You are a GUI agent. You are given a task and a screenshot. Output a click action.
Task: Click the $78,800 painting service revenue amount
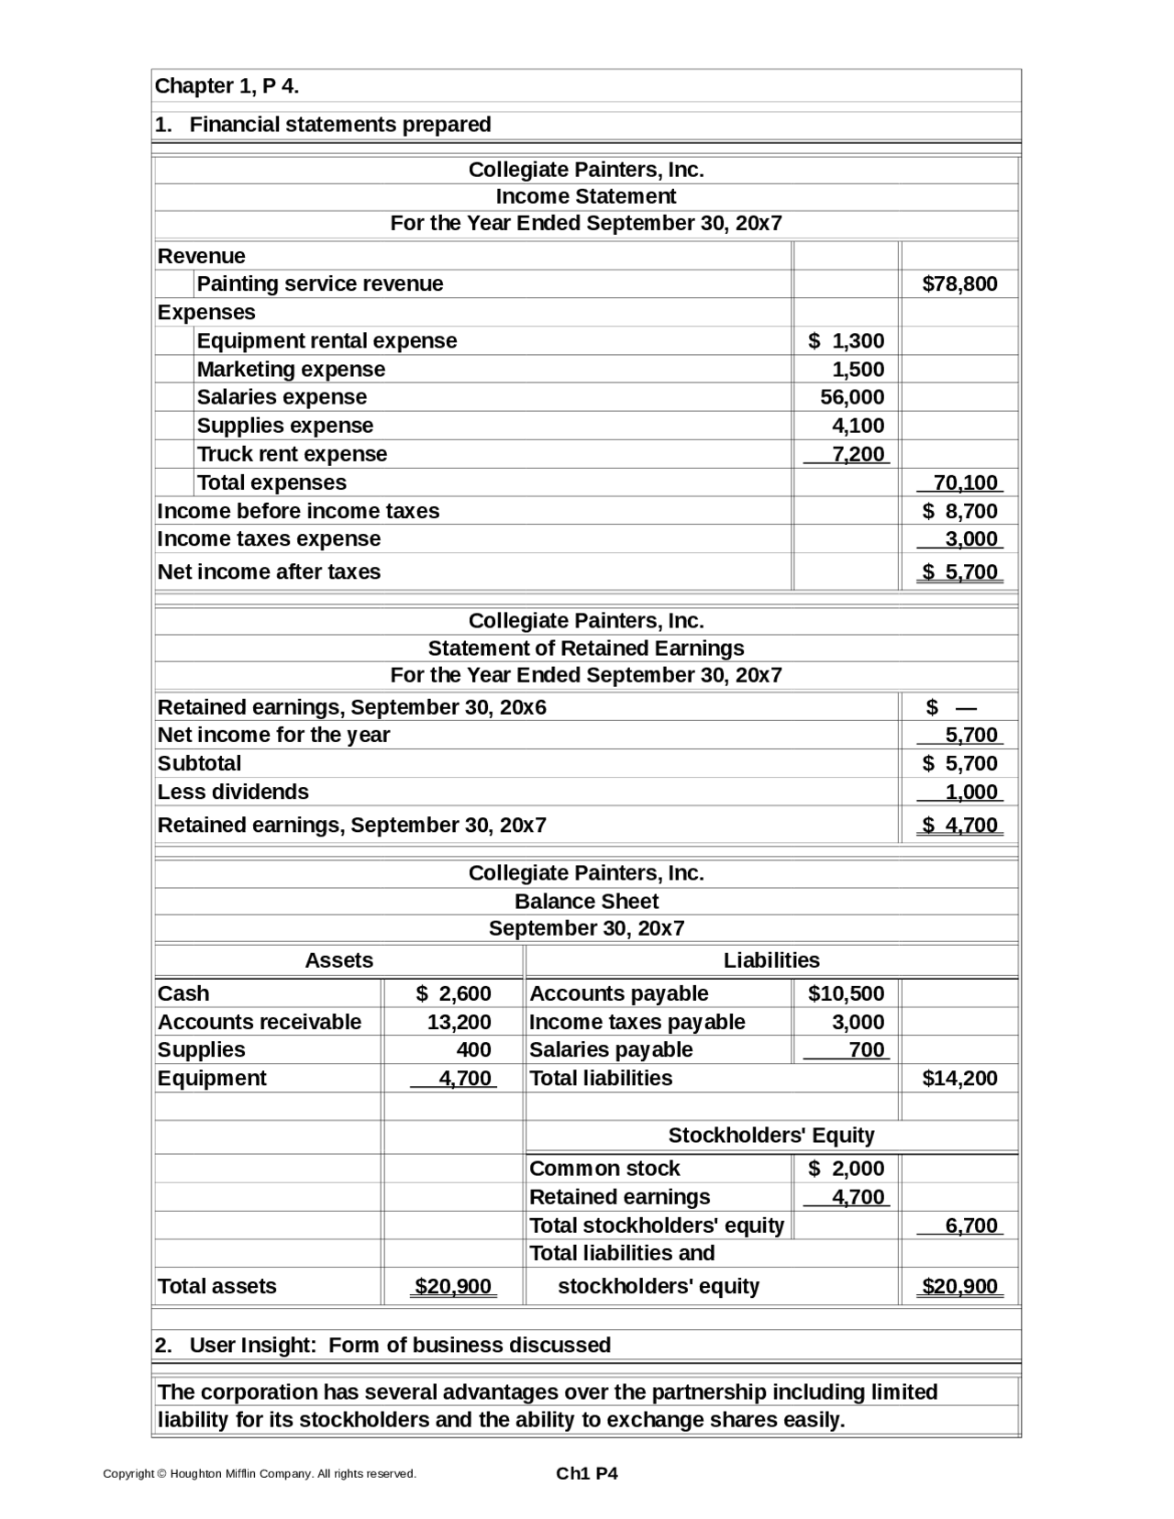tap(959, 284)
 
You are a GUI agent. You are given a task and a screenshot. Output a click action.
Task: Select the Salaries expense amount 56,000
tap(852, 397)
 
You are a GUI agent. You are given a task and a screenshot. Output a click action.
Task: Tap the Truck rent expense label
tap(292, 454)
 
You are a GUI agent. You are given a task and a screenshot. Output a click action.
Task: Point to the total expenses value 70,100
tap(965, 482)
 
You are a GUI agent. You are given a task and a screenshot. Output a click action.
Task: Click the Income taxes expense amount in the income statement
tap(971, 538)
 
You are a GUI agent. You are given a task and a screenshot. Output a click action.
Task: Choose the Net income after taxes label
tap(269, 571)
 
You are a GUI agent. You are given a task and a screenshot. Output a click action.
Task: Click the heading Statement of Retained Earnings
tap(586, 649)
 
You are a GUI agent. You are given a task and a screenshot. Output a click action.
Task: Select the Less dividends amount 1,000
tap(971, 792)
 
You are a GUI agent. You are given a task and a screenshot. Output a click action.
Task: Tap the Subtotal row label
tap(199, 763)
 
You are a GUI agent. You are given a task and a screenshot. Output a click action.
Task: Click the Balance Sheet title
tap(586, 901)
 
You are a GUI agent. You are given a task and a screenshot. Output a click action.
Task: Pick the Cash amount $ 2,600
tap(453, 993)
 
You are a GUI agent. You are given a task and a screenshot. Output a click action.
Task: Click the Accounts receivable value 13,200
tap(459, 1022)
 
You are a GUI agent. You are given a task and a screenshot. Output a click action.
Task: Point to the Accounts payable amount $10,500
tap(846, 993)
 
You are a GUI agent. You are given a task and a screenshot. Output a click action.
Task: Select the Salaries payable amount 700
tap(867, 1049)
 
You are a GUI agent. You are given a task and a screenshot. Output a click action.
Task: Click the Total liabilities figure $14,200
tap(959, 1078)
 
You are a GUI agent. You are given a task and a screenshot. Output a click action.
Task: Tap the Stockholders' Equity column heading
tap(771, 1136)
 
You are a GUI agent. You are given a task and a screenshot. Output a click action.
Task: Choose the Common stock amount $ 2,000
tap(846, 1169)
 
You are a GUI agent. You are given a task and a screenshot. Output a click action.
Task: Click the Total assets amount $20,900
tap(453, 1286)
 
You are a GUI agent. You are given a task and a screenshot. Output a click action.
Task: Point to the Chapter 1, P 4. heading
tap(227, 86)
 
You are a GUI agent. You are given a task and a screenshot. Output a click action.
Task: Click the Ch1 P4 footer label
tap(587, 1473)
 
